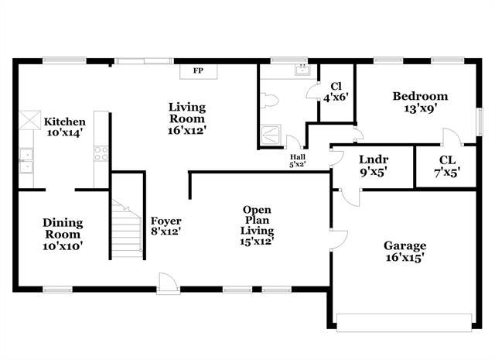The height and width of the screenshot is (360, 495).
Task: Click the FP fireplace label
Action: click(x=198, y=71)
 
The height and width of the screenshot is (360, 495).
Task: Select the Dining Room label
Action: click(x=62, y=234)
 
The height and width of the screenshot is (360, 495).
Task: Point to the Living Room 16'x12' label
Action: click(x=186, y=119)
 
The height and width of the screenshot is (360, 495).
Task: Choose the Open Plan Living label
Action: click(x=257, y=225)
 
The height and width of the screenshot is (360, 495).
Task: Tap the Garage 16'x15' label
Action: click(x=405, y=252)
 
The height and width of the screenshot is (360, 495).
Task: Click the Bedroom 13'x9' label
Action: click(x=420, y=103)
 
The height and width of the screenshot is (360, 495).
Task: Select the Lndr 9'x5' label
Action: click(x=374, y=166)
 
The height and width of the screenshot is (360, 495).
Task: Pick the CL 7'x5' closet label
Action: click(x=447, y=166)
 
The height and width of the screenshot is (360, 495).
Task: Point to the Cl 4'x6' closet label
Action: click(x=336, y=92)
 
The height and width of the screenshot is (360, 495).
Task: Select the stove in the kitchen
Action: click(x=101, y=153)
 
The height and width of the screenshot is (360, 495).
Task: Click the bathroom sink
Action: click(x=302, y=71)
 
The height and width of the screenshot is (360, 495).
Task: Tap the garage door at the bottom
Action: click(x=403, y=321)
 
